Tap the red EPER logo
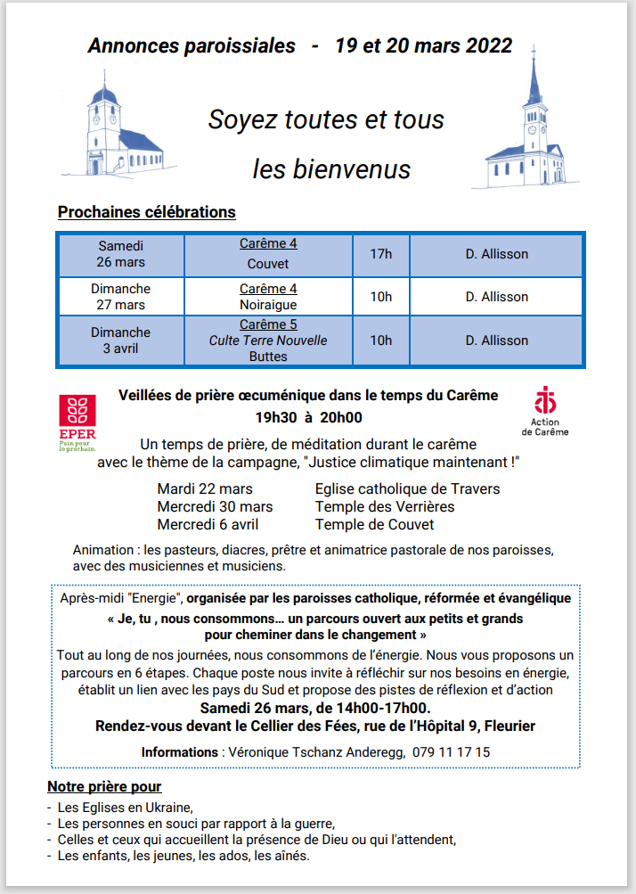[x=77, y=418]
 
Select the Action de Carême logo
[x=545, y=410]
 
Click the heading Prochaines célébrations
[x=146, y=212]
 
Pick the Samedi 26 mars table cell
[x=121, y=254]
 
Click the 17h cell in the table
[x=380, y=254]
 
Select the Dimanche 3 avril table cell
[x=121, y=340]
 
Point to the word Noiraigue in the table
[x=268, y=305]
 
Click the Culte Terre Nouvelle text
[x=268, y=340]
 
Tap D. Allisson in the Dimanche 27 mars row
[x=496, y=297]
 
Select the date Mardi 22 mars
[x=205, y=489]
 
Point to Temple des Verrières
[x=385, y=507]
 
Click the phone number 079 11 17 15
[x=451, y=752]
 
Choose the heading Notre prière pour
[x=104, y=787]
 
